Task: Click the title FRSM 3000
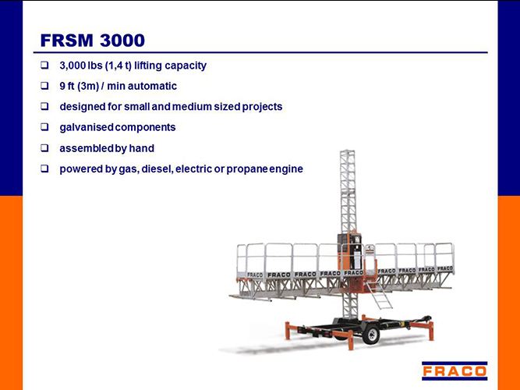pyautogui.click(x=93, y=41)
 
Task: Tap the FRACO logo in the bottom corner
pyautogui.click(x=455, y=370)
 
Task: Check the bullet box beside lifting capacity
pyautogui.click(x=44, y=65)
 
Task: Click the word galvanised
pyautogui.click(x=87, y=127)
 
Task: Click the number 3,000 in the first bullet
pyautogui.click(x=73, y=66)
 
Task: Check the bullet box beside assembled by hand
pyautogui.click(x=44, y=148)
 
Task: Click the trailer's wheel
pyautogui.click(x=371, y=335)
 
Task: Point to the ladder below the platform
pyautogui.click(x=380, y=295)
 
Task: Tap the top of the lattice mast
pyautogui.click(x=347, y=151)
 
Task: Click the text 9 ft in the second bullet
pyautogui.click(x=67, y=86)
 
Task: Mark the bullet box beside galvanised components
pyautogui.click(x=44, y=127)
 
